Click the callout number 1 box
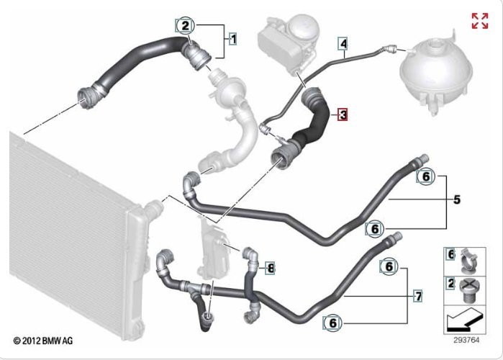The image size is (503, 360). click(233, 39)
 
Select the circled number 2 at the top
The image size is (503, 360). click(185, 25)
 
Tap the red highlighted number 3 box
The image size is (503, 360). click(343, 114)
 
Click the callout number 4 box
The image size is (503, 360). click(343, 44)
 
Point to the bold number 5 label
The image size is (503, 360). click(457, 199)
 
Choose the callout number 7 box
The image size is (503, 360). click(418, 296)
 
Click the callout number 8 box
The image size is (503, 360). click(271, 268)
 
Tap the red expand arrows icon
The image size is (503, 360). click(480, 21)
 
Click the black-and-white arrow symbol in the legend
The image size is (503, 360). click(464, 320)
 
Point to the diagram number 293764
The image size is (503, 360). click(466, 340)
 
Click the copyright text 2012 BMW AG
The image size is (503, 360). click(43, 341)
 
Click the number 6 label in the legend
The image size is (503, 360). click(450, 254)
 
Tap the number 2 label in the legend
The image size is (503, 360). click(451, 284)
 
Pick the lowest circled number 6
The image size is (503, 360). click(332, 323)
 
